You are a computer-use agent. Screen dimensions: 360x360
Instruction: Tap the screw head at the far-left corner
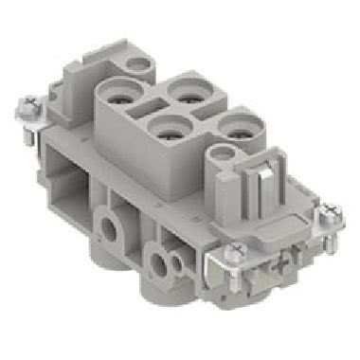25,104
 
